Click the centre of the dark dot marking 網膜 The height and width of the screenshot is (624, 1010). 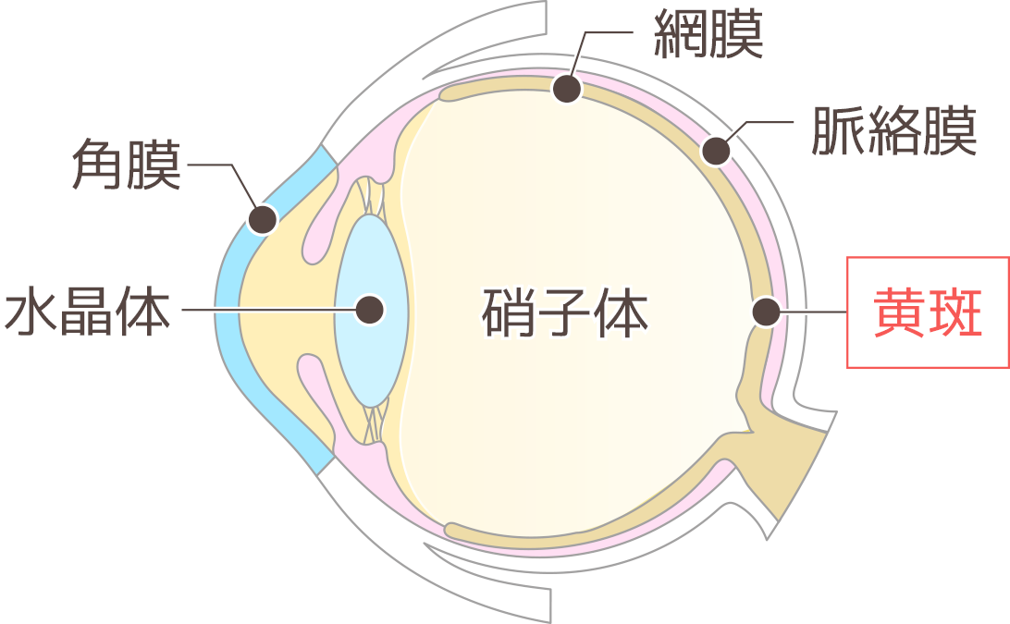point(567,88)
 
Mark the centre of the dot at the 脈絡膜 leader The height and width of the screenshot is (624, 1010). point(716,152)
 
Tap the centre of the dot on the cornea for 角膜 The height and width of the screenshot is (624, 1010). point(263,220)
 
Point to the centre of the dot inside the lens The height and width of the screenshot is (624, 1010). point(370,310)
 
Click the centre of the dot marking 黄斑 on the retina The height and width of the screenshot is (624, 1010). point(767,312)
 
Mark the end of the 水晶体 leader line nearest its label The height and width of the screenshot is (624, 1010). point(183,310)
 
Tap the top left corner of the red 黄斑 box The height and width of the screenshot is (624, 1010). point(847,258)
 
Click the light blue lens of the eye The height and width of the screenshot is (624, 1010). point(370,311)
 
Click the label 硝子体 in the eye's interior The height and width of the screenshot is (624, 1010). point(565,313)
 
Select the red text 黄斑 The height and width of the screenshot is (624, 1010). point(928,313)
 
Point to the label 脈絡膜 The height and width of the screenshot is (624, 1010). point(894,131)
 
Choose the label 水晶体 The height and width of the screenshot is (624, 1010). point(88,312)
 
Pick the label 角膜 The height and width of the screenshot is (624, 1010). point(126,165)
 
